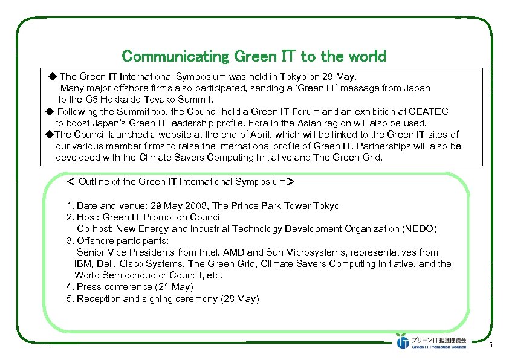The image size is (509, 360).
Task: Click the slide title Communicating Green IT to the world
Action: tap(253, 56)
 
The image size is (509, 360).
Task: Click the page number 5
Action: tap(491, 345)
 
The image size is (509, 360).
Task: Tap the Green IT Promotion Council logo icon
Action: tap(403, 341)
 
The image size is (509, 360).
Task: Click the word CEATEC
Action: tap(427, 111)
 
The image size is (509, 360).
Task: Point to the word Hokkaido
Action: tap(161, 99)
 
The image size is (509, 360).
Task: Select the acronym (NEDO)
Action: tap(419, 229)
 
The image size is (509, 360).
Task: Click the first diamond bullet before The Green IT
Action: tap(51, 77)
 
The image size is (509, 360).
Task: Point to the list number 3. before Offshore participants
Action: tap(70, 240)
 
